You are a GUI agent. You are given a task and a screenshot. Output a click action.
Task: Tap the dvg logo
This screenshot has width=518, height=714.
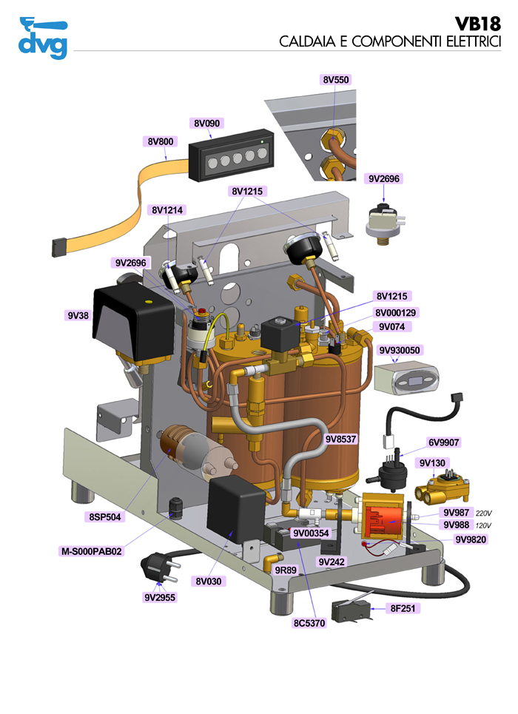click(x=43, y=38)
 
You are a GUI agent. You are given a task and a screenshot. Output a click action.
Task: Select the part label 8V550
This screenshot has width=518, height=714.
click(x=335, y=78)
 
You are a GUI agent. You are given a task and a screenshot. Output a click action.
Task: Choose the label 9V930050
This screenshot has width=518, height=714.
click(x=400, y=349)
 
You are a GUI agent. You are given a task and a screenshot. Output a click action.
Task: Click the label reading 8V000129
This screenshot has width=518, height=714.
click(x=396, y=313)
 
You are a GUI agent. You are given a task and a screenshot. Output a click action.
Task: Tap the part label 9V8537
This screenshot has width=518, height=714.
click(x=340, y=439)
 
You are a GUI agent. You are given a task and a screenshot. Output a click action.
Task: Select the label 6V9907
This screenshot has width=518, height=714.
click(x=443, y=442)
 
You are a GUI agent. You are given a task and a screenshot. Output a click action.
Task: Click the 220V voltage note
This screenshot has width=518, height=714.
click(x=483, y=513)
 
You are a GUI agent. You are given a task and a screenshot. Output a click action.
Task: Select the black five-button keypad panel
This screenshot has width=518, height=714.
click(x=231, y=160)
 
